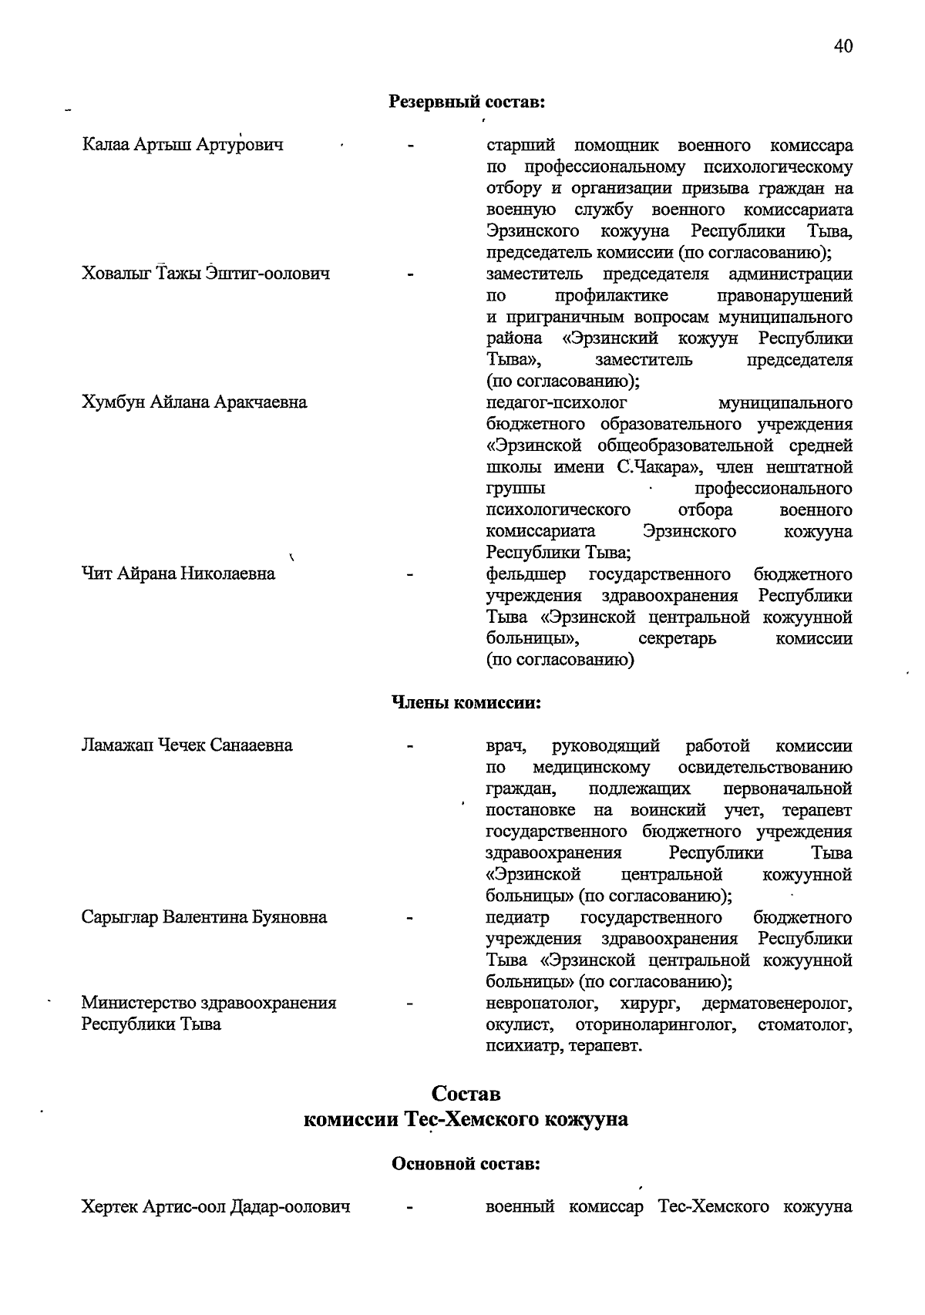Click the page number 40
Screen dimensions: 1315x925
point(843,47)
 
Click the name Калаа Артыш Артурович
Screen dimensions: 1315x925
point(183,145)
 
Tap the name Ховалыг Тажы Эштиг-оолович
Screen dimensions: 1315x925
point(206,274)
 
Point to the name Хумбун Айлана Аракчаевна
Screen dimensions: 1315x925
point(194,402)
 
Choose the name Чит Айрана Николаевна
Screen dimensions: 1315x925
point(178,573)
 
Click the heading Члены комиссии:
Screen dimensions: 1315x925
point(466,703)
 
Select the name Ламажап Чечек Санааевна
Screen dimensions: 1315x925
point(187,745)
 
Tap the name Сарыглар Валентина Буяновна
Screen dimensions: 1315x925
point(204,917)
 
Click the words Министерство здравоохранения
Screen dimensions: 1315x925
point(209,1003)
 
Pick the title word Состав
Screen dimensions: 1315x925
point(466,1094)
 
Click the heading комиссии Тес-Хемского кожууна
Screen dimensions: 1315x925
point(466,1119)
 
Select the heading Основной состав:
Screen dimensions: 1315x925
point(466,1164)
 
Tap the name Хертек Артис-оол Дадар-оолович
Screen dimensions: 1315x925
point(216,1207)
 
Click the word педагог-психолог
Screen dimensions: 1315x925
point(557,402)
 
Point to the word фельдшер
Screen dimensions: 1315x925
point(526,574)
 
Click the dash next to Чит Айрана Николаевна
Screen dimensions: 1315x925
point(411,574)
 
